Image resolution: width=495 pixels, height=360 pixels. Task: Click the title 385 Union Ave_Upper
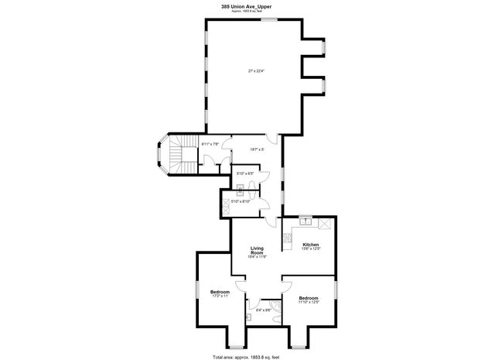click(246, 7)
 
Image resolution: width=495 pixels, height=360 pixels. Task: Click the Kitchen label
click(311, 244)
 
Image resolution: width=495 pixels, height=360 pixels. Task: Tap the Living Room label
click(258, 251)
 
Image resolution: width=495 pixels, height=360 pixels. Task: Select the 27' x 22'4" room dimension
click(256, 71)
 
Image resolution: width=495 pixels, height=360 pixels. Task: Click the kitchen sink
click(306, 221)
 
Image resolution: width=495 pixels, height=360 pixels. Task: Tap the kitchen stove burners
click(326, 223)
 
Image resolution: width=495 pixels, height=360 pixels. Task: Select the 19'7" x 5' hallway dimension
click(257, 149)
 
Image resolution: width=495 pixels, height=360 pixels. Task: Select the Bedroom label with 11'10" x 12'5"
click(309, 298)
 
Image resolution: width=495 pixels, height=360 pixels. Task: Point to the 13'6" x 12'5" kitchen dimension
click(311, 249)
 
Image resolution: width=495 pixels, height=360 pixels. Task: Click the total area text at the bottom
click(246, 355)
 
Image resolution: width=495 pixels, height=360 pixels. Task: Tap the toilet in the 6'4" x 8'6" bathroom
click(249, 317)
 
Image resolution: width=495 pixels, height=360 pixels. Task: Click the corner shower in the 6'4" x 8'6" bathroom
click(275, 313)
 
